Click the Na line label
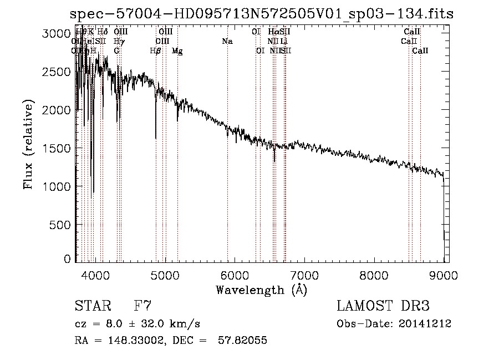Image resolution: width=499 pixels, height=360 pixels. (227, 41)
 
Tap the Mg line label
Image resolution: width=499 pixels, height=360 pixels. (177, 50)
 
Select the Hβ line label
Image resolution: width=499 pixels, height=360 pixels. (156, 50)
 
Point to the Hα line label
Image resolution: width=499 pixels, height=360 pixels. (273, 32)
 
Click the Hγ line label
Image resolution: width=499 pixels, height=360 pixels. (118, 41)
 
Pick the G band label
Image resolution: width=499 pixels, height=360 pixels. (116, 50)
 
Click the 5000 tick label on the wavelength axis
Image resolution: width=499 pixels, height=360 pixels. (165, 275)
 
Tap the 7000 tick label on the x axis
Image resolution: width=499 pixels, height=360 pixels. (304, 275)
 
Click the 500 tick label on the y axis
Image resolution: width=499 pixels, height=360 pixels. (59, 225)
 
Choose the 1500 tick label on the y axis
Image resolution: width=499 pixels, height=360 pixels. (56, 149)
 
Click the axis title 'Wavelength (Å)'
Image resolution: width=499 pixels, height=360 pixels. (261, 290)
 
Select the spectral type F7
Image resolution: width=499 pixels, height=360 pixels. (142, 306)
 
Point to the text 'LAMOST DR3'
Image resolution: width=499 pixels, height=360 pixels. (383, 306)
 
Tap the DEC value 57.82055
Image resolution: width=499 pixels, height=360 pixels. (244, 340)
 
